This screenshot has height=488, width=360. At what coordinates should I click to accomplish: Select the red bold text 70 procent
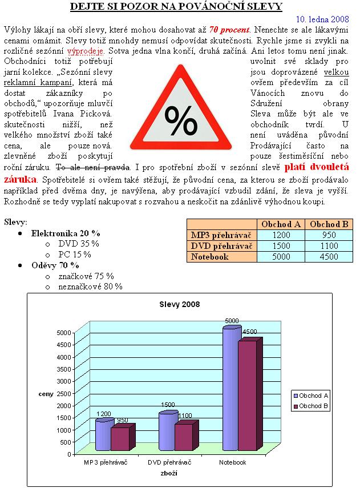click(x=229, y=29)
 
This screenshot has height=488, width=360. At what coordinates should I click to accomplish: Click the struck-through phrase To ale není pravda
click(x=93, y=168)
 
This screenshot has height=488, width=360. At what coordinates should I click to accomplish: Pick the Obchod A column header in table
click(x=281, y=224)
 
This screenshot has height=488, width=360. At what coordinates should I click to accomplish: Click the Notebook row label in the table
click(x=210, y=257)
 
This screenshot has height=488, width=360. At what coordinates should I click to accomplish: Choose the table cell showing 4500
click(x=329, y=257)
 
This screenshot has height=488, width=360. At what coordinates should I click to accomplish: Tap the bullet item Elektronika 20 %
click(x=66, y=233)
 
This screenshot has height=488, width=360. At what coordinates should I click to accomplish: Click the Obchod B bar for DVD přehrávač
click(x=184, y=437)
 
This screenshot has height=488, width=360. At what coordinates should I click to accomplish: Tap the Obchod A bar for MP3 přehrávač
click(x=103, y=435)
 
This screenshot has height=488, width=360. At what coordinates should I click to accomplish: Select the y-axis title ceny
click(x=46, y=393)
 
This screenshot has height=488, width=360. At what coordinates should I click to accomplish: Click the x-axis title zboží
click(x=169, y=473)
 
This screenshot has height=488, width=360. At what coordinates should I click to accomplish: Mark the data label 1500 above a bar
click(x=168, y=405)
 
